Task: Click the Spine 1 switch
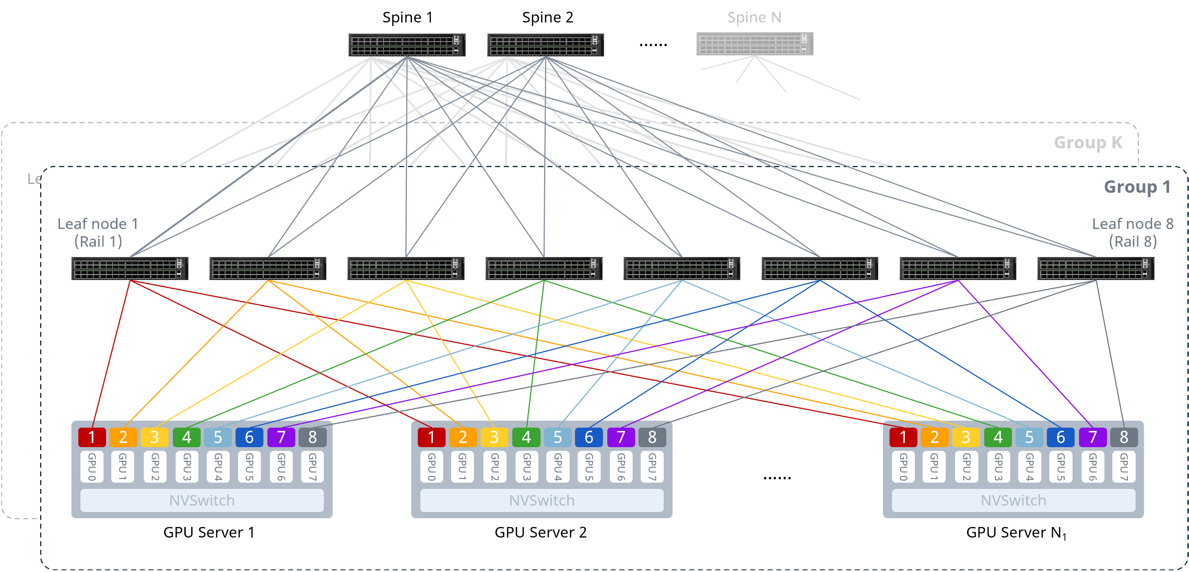click(x=407, y=45)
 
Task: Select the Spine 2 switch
click(x=546, y=45)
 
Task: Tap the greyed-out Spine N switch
click(x=755, y=44)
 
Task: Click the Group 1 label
click(x=1137, y=187)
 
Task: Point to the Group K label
click(x=1088, y=143)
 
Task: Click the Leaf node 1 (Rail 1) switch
click(x=130, y=269)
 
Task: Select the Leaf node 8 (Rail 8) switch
click(x=1096, y=269)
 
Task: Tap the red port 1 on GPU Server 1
click(x=92, y=437)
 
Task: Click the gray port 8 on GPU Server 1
click(x=312, y=437)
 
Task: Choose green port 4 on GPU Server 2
click(x=526, y=437)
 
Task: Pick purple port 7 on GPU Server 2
click(x=621, y=437)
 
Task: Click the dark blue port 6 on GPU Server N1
click(x=1061, y=437)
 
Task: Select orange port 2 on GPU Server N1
click(x=935, y=437)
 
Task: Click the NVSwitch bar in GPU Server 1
click(x=202, y=500)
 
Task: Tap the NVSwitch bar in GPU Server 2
click(x=542, y=500)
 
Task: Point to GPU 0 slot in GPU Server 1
click(x=92, y=466)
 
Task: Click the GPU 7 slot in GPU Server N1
click(x=1124, y=466)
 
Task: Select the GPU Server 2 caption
click(x=540, y=532)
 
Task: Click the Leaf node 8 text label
click(x=1133, y=224)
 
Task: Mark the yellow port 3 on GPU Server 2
click(x=494, y=437)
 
